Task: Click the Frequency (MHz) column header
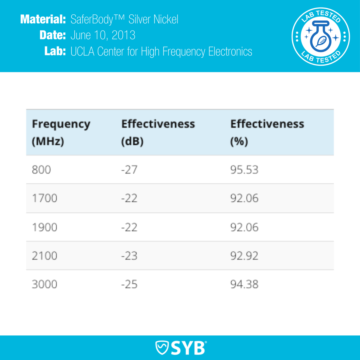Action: click(61, 132)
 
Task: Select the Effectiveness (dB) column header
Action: click(158, 132)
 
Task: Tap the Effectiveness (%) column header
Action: click(267, 132)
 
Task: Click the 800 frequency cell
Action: click(41, 170)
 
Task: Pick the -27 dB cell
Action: click(129, 170)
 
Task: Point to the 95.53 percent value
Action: click(244, 170)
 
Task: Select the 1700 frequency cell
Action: click(44, 198)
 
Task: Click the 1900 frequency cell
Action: click(44, 227)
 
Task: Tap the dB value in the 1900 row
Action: click(129, 227)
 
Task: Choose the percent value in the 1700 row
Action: click(244, 198)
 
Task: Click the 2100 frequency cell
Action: click(44, 256)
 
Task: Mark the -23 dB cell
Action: click(129, 256)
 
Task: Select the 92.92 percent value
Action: click(244, 256)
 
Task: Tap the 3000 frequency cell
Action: click(44, 284)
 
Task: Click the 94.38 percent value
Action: click(244, 284)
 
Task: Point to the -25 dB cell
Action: click(129, 284)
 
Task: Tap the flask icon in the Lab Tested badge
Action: click(320, 37)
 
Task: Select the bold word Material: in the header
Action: click(43, 19)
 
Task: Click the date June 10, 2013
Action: click(103, 35)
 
